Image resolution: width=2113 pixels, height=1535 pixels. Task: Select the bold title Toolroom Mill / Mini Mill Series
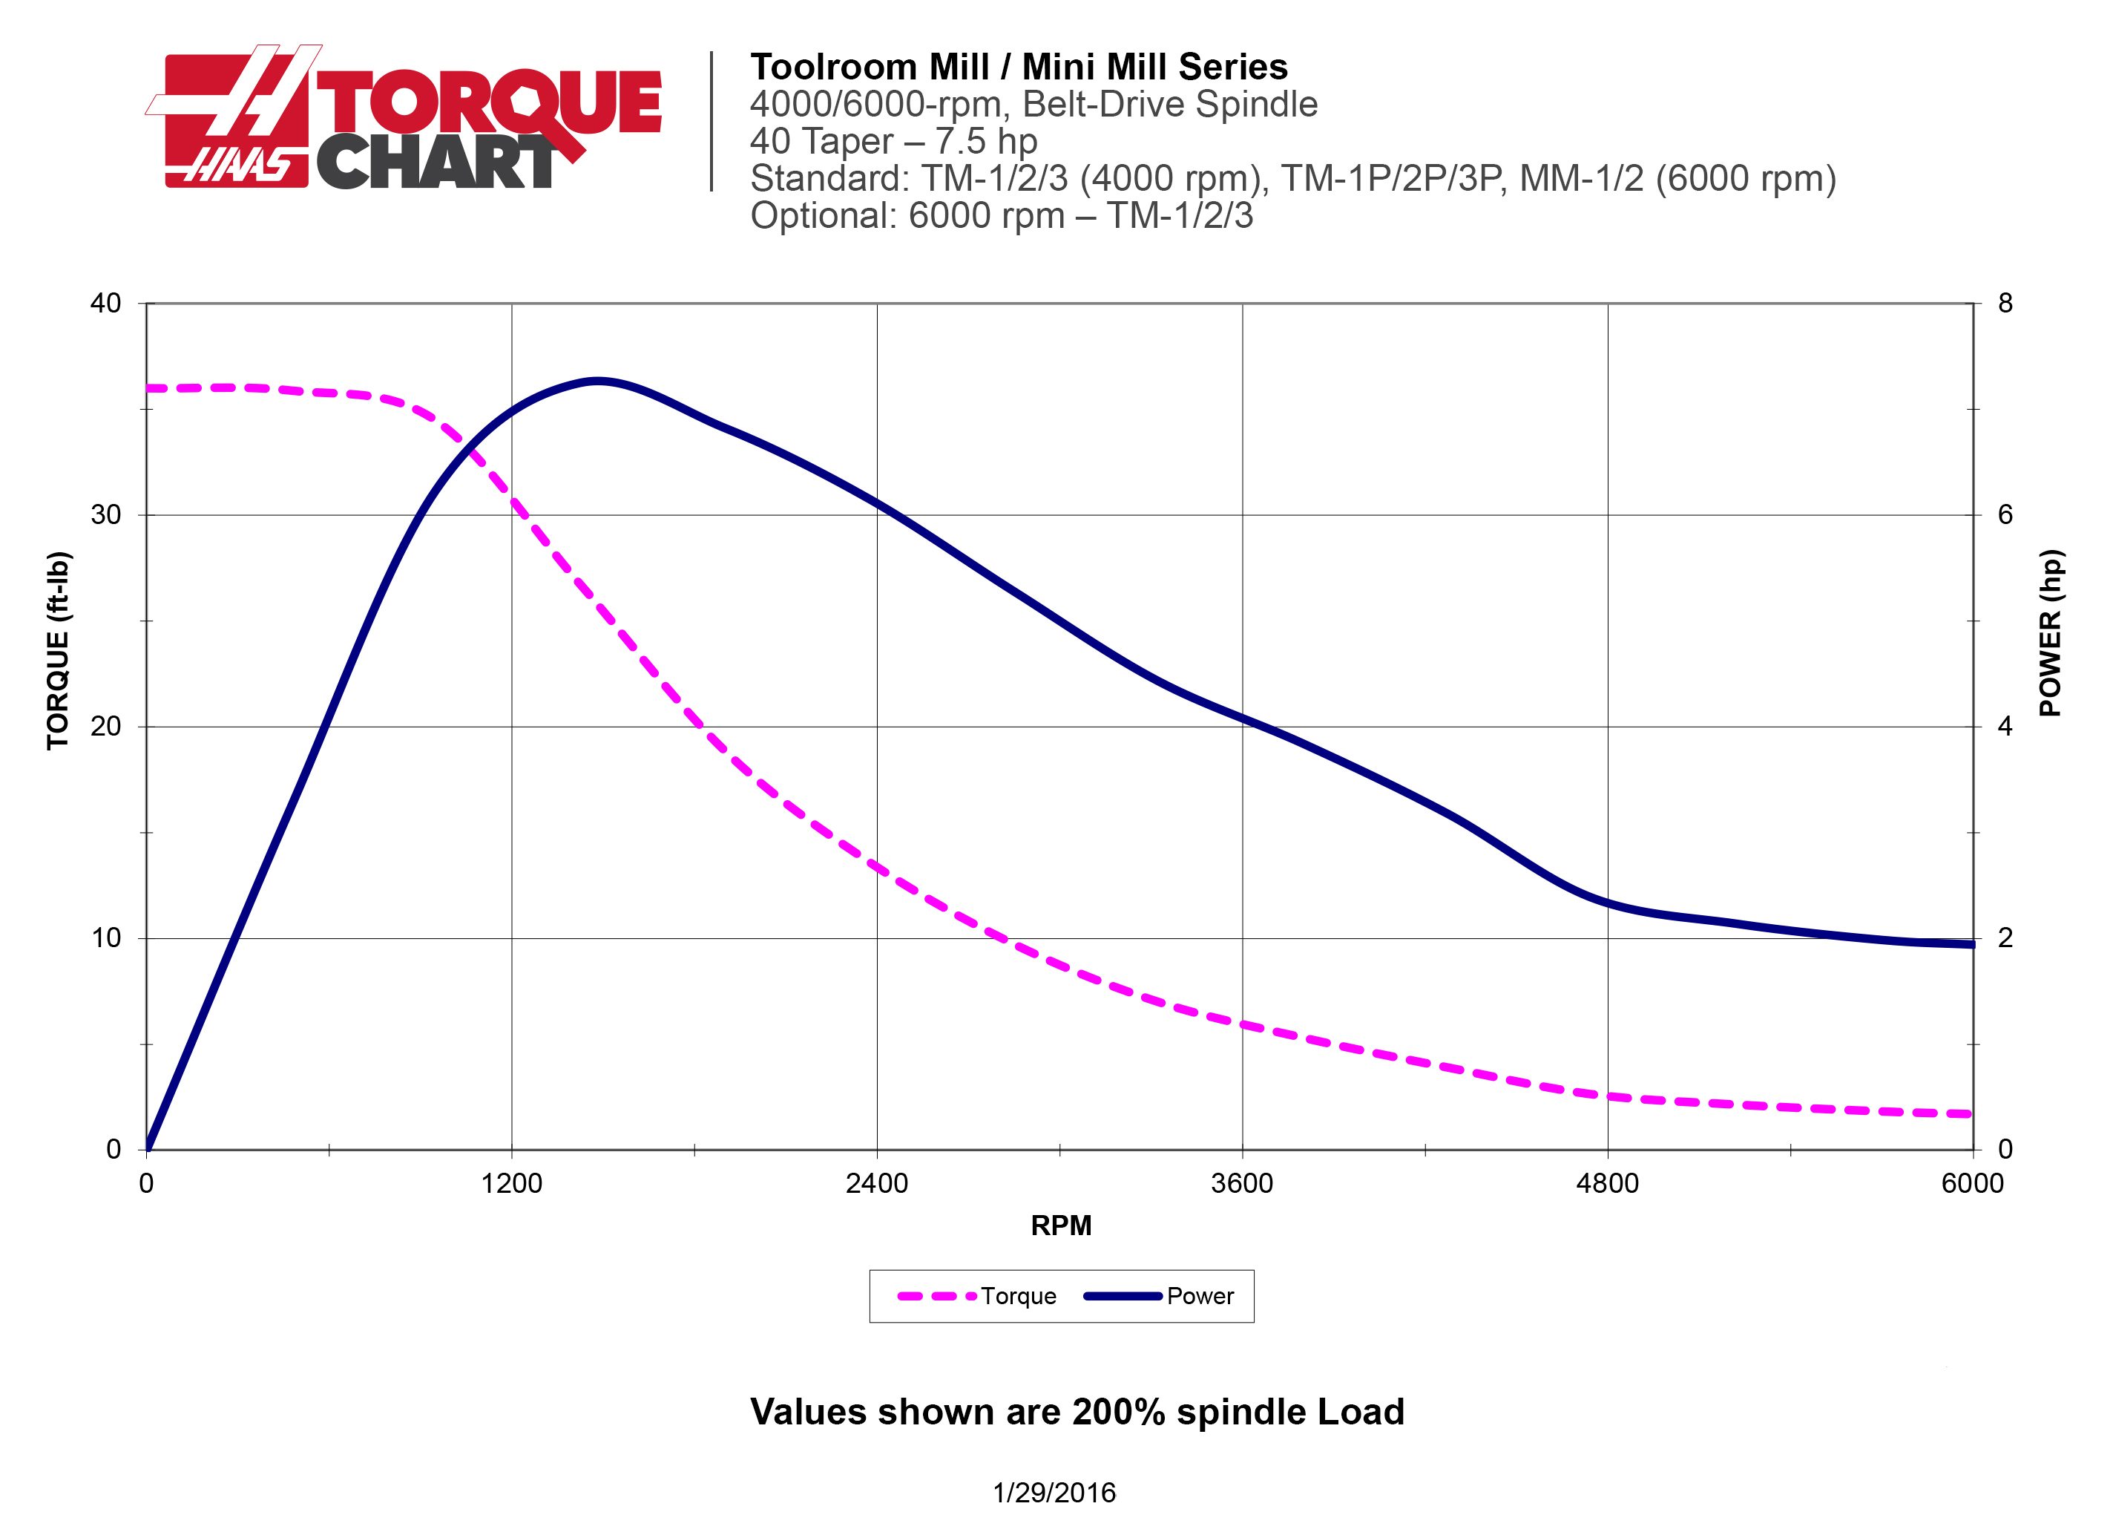[x=1019, y=67]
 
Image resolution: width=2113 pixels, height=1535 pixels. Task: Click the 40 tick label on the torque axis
[x=106, y=304]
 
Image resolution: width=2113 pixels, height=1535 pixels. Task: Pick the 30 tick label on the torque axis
[x=106, y=515]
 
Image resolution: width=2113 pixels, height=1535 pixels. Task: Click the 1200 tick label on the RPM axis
[x=511, y=1184]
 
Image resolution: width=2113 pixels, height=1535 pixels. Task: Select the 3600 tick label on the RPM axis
[x=1242, y=1184]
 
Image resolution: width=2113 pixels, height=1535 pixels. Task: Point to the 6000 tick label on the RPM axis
[x=1972, y=1184]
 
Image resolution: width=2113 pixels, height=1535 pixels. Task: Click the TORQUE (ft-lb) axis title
[x=58, y=650]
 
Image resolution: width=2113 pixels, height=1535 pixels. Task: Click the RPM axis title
[x=1060, y=1225]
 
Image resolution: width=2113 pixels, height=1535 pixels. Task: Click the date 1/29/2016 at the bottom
[x=1054, y=1493]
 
